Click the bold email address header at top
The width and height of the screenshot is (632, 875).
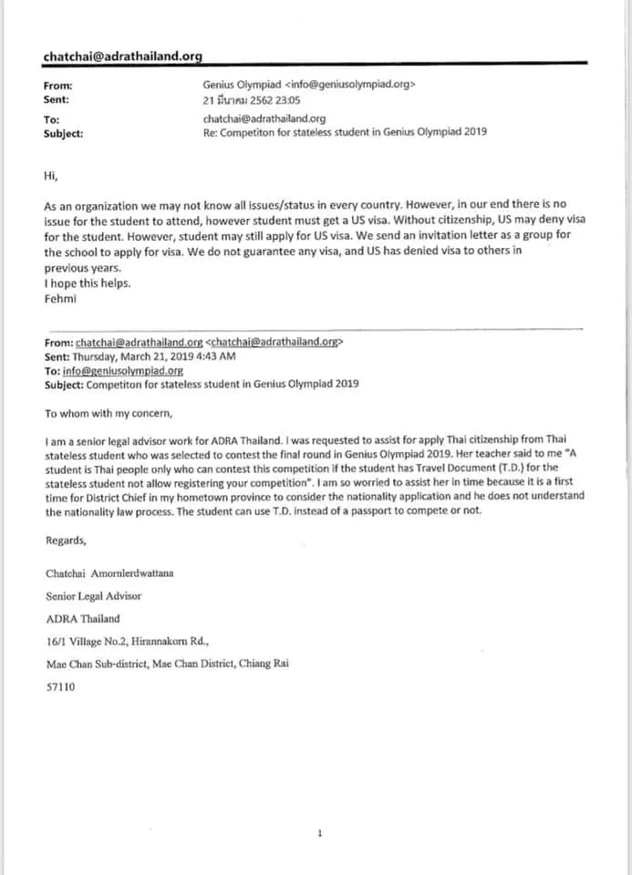coord(122,57)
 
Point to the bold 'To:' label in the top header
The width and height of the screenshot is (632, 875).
coord(52,119)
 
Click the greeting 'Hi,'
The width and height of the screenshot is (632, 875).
coord(51,173)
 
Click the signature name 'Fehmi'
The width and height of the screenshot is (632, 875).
coord(60,298)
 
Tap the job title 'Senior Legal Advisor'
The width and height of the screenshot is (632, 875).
coord(93,596)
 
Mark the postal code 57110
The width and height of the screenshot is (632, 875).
coord(60,687)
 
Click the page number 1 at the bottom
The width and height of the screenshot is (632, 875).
coord(319,833)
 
